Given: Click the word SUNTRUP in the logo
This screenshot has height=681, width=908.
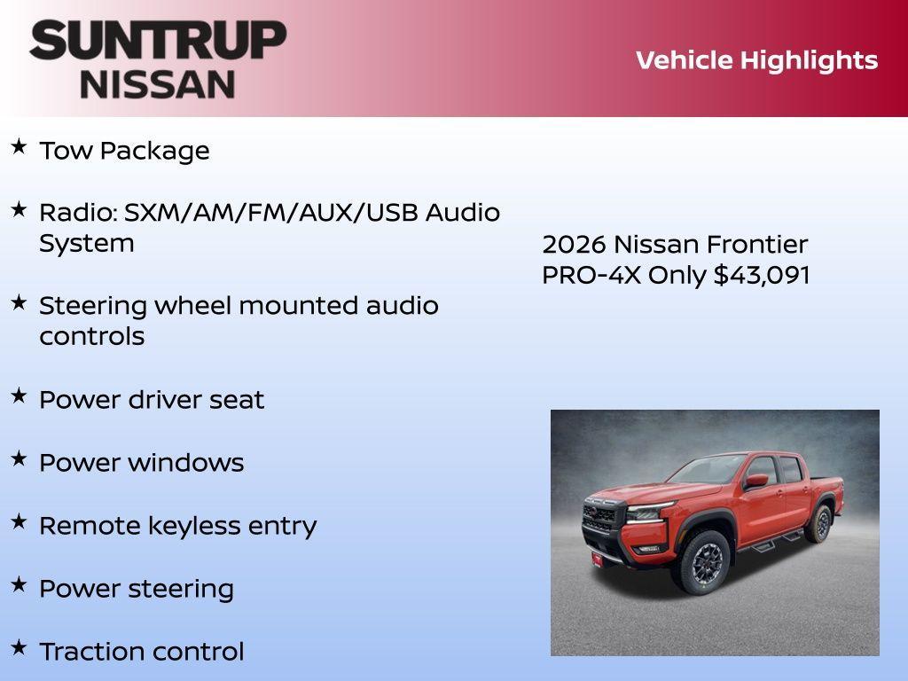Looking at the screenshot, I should (x=158, y=40).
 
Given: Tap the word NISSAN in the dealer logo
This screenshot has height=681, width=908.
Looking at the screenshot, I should (x=158, y=83).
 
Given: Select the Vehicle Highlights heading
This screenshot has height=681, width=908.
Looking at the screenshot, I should (x=756, y=60).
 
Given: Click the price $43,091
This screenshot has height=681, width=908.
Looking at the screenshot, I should (x=762, y=275).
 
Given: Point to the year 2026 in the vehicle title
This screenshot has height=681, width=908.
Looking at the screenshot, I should (x=574, y=245).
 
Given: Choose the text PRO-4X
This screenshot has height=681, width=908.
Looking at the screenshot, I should (x=591, y=275).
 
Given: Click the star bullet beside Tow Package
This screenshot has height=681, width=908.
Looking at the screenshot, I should (x=19, y=146).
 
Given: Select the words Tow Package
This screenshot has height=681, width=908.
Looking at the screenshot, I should (x=124, y=151).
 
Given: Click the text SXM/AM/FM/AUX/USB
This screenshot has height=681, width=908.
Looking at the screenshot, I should (x=271, y=213).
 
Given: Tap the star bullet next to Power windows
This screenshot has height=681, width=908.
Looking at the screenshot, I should (x=19, y=458).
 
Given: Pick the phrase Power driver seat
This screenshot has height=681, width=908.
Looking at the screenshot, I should (x=152, y=400).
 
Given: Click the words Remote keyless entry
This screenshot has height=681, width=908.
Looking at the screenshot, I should (x=177, y=526).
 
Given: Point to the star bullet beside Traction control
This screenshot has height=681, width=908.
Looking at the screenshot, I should (x=19, y=647).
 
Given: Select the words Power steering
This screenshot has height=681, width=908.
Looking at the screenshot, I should (x=137, y=589).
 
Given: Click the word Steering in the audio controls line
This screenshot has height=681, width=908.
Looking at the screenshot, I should (x=93, y=306).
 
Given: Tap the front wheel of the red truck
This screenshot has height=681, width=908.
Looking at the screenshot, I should (x=705, y=561).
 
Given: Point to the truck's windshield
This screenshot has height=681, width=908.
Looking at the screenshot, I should (x=708, y=468).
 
